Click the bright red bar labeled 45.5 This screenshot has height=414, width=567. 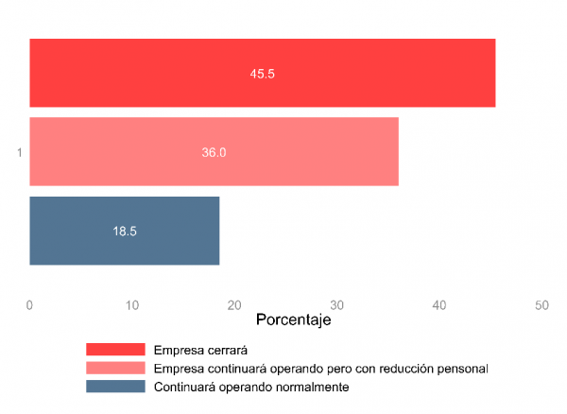tap(262, 73)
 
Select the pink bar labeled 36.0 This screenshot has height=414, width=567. tap(214, 151)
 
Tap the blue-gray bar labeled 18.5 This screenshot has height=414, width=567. tap(124, 231)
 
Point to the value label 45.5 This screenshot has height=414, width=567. tap(262, 73)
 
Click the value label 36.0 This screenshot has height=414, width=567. tap(214, 151)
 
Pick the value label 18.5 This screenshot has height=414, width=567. tap(125, 231)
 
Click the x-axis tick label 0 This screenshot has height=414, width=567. tap(29, 305)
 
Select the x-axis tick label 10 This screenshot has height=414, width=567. tap(131, 305)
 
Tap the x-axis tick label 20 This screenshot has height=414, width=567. tap(234, 305)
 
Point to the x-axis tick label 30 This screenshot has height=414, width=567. tap(336, 305)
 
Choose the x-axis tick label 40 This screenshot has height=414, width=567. tap(439, 305)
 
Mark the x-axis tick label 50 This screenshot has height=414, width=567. tap(541, 305)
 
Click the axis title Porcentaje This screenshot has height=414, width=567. tap(293, 321)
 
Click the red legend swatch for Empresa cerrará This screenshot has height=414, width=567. tap(115, 350)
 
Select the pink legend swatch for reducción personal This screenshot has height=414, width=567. tap(115, 368)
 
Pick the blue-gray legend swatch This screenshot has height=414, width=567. tap(115, 387)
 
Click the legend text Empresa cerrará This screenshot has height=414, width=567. tap(195, 350)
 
